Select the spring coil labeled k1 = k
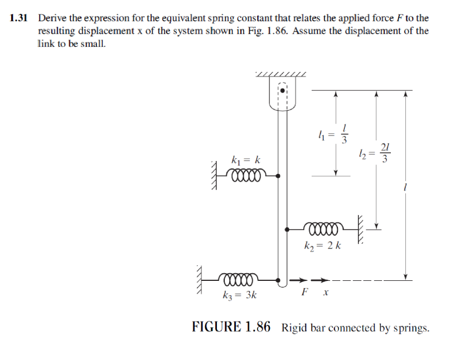pos(246,176)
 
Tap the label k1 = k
pos(246,160)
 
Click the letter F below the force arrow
pos(304,292)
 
